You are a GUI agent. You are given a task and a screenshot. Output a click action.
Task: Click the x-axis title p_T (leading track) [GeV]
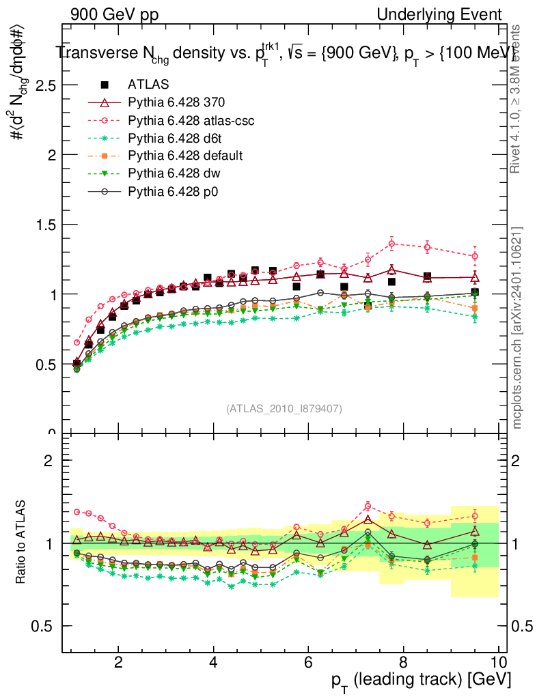click(419, 681)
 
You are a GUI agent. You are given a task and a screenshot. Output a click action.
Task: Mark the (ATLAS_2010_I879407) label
click(284, 408)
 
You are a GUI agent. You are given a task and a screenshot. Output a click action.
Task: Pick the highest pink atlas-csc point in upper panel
click(392, 244)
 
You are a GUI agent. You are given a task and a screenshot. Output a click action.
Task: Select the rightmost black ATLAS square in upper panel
click(475, 292)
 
